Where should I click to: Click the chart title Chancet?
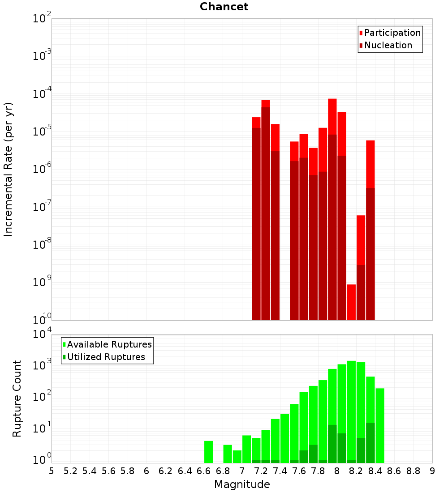click(224, 7)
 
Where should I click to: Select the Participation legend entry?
click(392, 33)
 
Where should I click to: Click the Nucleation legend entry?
click(388, 45)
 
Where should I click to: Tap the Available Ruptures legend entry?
click(109, 344)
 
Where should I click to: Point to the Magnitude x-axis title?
click(242, 484)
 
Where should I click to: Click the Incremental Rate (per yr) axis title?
click(9, 169)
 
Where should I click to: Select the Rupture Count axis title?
click(17, 399)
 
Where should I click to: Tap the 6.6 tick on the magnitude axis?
click(204, 471)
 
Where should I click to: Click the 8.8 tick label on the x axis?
click(413, 471)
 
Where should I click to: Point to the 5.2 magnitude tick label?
click(70, 471)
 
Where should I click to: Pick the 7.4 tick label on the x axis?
click(280, 471)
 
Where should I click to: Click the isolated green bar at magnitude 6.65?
click(208, 452)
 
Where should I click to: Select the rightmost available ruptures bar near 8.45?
click(380, 425)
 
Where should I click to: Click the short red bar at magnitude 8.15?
click(351, 302)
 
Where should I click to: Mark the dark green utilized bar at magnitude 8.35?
click(370, 443)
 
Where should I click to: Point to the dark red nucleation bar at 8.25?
click(361, 293)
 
